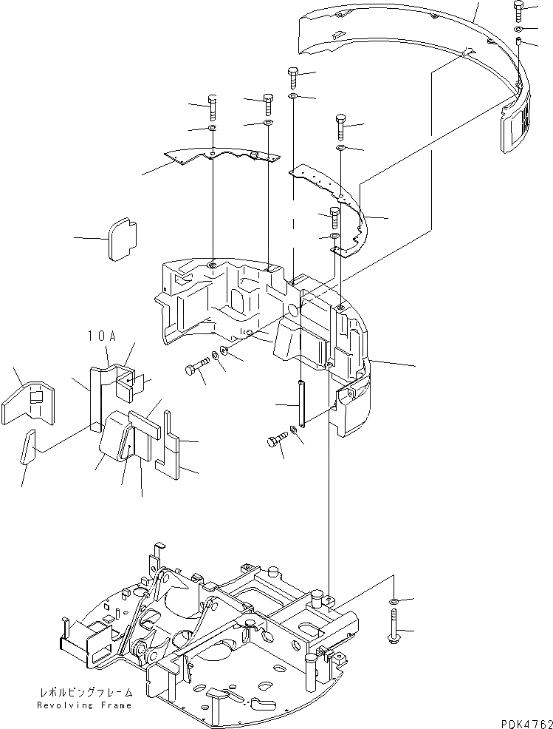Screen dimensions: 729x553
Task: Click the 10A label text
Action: (x=102, y=336)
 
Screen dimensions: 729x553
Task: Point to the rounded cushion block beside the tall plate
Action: (x=115, y=441)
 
